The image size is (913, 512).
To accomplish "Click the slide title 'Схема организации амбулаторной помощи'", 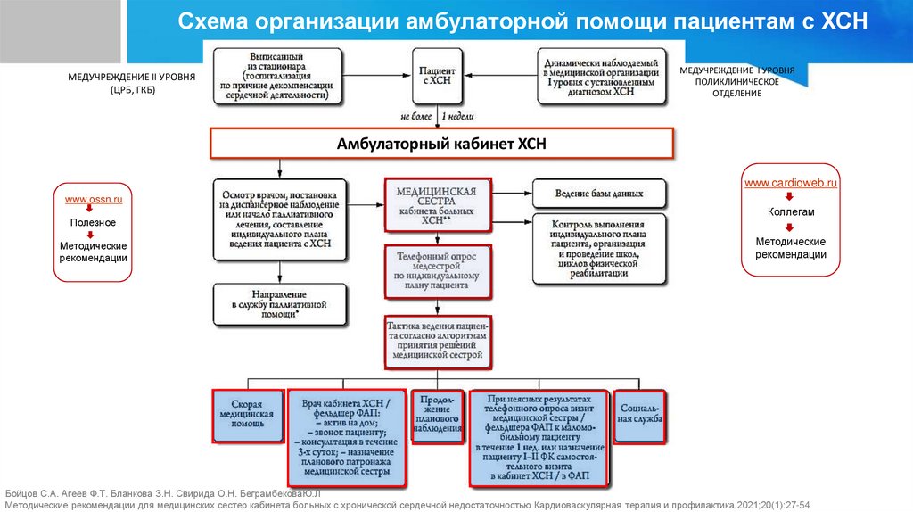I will (x=522, y=21).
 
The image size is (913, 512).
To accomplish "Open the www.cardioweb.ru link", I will (x=791, y=183).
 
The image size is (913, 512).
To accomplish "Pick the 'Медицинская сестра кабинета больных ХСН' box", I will (x=436, y=205).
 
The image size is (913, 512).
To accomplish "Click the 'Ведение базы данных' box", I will (x=599, y=193).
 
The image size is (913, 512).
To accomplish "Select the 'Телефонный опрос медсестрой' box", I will (x=437, y=272).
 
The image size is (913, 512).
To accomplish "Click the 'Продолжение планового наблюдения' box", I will (x=437, y=415).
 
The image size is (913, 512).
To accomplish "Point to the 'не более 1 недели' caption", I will (x=437, y=116).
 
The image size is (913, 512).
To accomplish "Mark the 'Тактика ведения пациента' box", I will (x=437, y=341).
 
